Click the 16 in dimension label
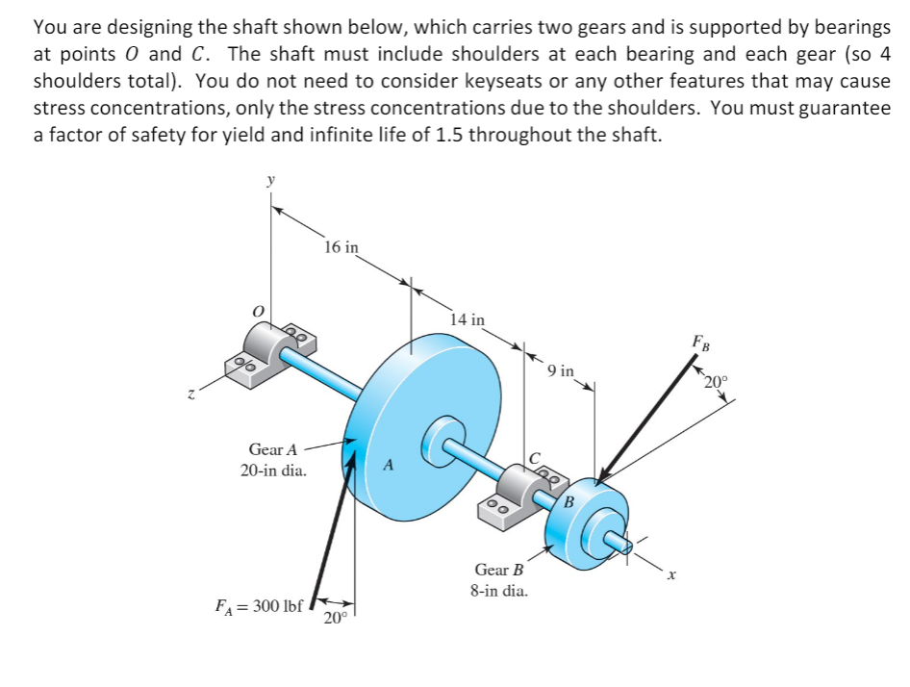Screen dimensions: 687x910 click(x=341, y=248)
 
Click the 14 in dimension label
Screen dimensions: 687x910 click(x=468, y=318)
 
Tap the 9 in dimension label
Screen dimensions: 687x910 click(x=560, y=370)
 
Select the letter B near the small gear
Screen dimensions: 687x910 click(x=569, y=501)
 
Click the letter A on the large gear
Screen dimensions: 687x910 click(x=388, y=465)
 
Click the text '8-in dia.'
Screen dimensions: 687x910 click(x=498, y=591)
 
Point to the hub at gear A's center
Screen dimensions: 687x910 click(x=443, y=432)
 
